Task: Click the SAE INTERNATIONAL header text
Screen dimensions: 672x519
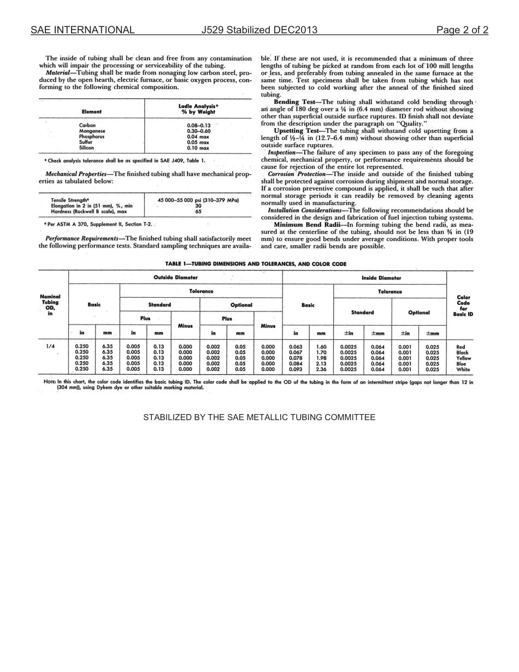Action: tap(82, 30)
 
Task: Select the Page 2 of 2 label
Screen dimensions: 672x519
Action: tap(462, 30)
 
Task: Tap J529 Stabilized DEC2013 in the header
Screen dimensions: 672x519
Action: tap(259, 30)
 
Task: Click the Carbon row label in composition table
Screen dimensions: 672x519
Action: tap(87, 126)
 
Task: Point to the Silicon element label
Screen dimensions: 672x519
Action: tap(87, 148)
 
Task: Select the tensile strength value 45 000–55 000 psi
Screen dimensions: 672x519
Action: tap(198, 200)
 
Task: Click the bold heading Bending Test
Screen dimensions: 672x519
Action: tap(294, 102)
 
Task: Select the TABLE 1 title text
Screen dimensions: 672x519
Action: tap(256, 264)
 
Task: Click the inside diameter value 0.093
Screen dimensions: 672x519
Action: tap(296, 369)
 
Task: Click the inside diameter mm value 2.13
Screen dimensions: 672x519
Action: tap(321, 364)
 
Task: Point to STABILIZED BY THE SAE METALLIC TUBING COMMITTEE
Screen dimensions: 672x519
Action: tap(259, 417)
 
